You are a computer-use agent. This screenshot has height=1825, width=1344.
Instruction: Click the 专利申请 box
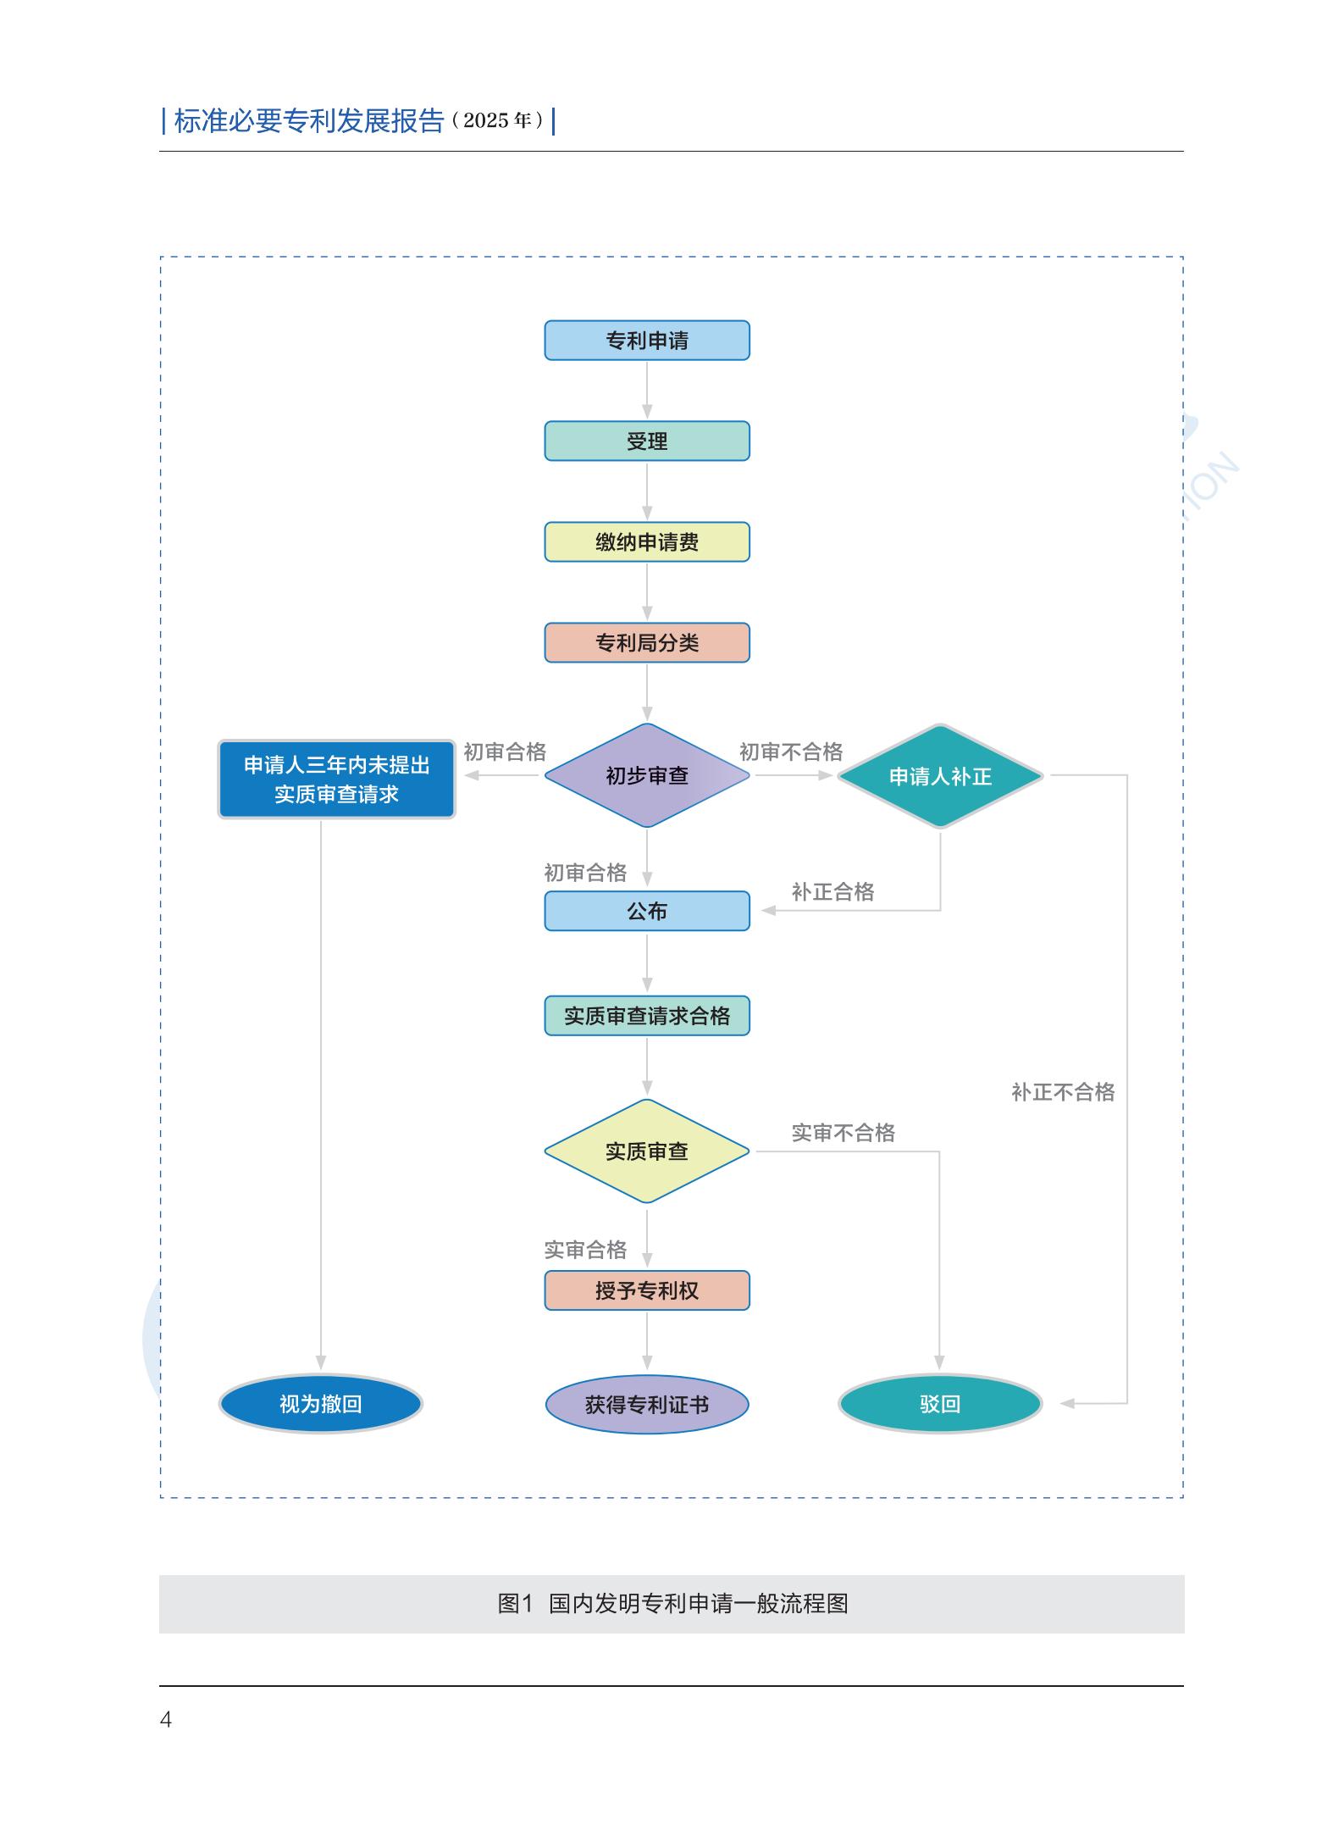pos(646,341)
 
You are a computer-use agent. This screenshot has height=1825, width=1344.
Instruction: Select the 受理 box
pos(646,441)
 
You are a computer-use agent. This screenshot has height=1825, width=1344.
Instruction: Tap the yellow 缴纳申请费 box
pos(646,542)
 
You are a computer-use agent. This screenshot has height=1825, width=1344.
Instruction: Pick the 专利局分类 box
pos(646,643)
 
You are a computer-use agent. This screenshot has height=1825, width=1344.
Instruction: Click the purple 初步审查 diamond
pos(646,775)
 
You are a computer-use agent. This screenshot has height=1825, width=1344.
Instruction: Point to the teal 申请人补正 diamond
pos(939,776)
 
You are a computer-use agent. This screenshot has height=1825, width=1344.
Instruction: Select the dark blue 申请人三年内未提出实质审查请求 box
pos(336,779)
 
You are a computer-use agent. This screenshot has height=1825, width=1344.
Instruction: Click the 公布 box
pos(646,911)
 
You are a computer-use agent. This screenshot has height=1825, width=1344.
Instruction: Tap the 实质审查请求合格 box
pos(646,1016)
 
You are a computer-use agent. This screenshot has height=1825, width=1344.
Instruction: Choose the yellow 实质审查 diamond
pos(646,1151)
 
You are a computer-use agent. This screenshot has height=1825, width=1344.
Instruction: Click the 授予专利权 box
pos(646,1290)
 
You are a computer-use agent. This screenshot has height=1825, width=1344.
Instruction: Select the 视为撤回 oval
pos(320,1404)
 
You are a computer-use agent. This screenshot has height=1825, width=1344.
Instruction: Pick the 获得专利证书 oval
pos(646,1405)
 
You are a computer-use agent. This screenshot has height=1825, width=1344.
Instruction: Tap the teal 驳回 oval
pos(939,1404)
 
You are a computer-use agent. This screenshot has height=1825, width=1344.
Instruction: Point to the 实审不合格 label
pos(843,1133)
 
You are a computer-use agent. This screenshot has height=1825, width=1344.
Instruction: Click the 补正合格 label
pos(832,891)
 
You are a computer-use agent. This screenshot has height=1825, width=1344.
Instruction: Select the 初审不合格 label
pos(790,752)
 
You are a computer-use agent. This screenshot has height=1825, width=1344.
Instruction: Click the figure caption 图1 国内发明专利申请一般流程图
pos(672,1604)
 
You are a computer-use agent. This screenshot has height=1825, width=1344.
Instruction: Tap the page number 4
pos(166,1719)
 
